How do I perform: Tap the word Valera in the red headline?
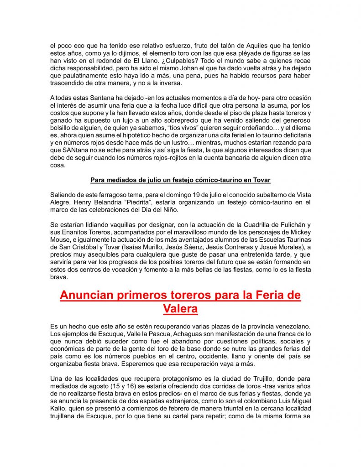click(x=180, y=309)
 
